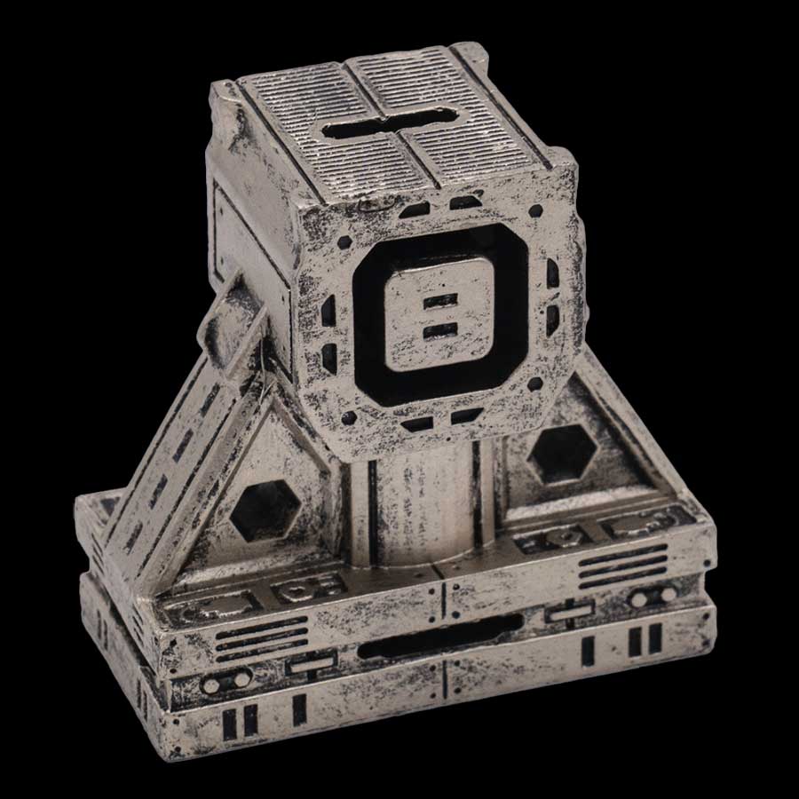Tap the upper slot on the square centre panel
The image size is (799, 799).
(440, 302)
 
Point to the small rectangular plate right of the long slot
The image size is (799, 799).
(568, 612)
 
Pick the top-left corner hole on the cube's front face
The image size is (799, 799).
(344, 241)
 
